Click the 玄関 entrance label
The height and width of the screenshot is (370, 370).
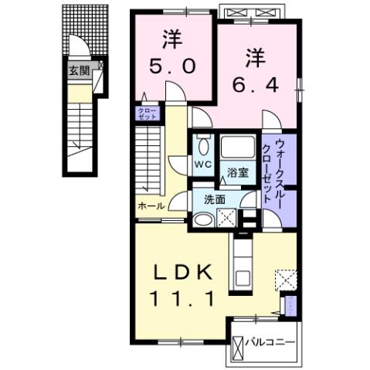pos(78,71)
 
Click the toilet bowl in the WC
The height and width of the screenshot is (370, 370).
pos(202,145)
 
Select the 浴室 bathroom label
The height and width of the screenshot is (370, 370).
pos(237,171)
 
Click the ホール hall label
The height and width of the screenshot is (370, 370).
pos(151,206)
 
